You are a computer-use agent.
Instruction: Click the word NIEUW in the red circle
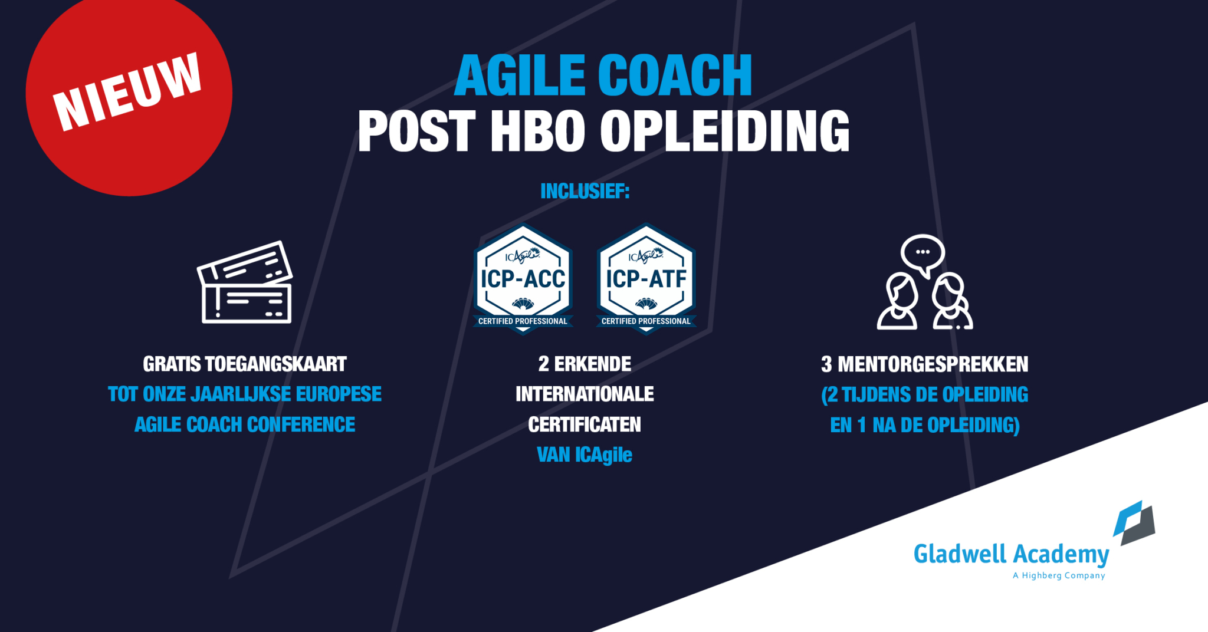[127, 91]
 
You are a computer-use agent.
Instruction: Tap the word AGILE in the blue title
[520, 75]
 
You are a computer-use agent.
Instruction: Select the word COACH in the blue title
[675, 75]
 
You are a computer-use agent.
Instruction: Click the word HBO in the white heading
[537, 131]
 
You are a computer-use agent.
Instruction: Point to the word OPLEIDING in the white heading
[725, 131]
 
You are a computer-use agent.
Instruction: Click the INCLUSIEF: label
[585, 191]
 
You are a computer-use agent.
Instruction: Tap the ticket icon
[245, 282]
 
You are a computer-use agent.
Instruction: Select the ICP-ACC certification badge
[523, 278]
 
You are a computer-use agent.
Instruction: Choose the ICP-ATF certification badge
[646, 278]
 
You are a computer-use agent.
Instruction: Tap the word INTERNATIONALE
[585, 394]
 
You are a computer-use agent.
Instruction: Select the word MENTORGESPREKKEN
[933, 364]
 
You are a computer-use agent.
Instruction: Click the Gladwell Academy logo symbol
[1134, 522]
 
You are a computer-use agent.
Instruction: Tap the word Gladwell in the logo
[960, 554]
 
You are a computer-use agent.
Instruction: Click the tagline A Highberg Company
[1059, 575]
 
